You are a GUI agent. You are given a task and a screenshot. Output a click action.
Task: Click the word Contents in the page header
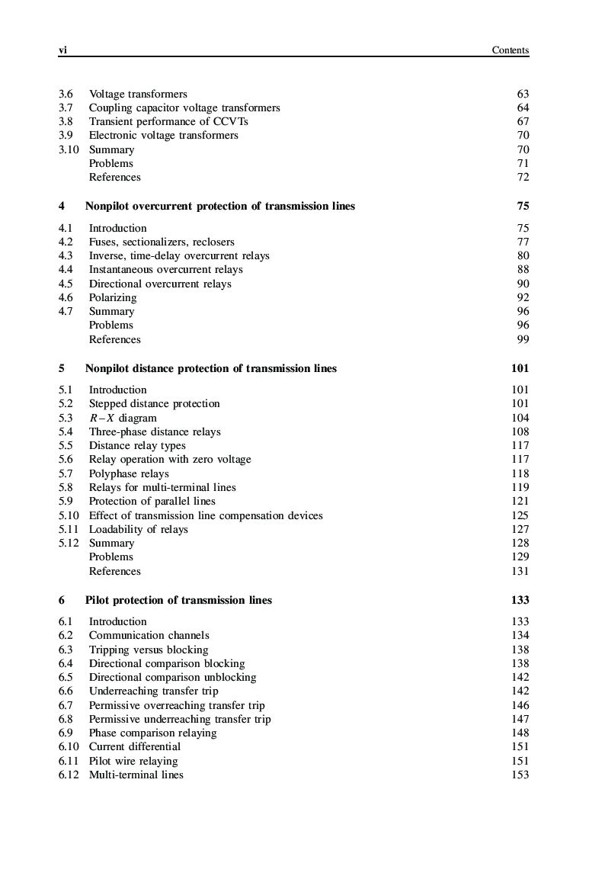tap(510, 50)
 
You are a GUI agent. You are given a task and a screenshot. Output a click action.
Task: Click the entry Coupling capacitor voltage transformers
tap(184, 107)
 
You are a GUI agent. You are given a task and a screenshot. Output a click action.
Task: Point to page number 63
tap(523, 94)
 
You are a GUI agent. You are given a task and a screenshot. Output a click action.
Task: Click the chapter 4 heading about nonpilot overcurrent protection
tap(219, 206)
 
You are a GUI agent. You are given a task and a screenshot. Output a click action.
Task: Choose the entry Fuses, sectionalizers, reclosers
tap(162, 242)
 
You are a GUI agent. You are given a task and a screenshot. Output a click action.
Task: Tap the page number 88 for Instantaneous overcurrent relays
tap(523, 269)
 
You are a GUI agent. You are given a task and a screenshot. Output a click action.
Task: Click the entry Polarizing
tap(113, 297)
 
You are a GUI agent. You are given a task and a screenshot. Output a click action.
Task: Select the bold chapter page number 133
tap(520, 600)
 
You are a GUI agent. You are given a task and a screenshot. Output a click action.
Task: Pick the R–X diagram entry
tap(123, 418)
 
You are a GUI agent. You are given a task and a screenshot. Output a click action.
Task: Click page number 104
tap(520, 418)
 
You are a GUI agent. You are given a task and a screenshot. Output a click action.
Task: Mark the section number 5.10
tap(69, 515)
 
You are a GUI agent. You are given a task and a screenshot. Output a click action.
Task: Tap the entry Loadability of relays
tap(138, 529)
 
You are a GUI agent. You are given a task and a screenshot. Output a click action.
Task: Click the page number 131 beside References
tap(520, 571)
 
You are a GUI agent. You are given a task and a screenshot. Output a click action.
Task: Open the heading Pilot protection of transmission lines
tap(178, 600)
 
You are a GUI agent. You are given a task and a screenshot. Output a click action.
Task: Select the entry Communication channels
tap(149, 635)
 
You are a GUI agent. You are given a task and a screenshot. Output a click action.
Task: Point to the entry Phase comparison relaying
tap(152, 733)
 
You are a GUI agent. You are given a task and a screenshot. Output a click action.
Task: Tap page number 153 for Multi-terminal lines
tap(520, 775)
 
